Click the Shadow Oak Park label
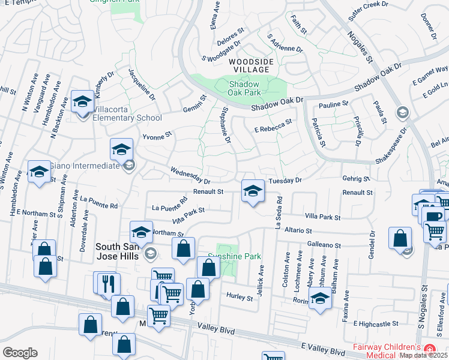click(x=244, y=88)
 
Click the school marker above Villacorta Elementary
click(x=82, y=101)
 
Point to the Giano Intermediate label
click(x=84, y=166)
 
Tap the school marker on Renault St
click(x=253, y=191)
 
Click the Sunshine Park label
click(x=235, y=256)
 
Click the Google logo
click(x=20, y=353)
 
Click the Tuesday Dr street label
click(x=284, y=180)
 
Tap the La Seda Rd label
click(x=278, y=212)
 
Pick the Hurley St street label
click(x=240, y=296)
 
